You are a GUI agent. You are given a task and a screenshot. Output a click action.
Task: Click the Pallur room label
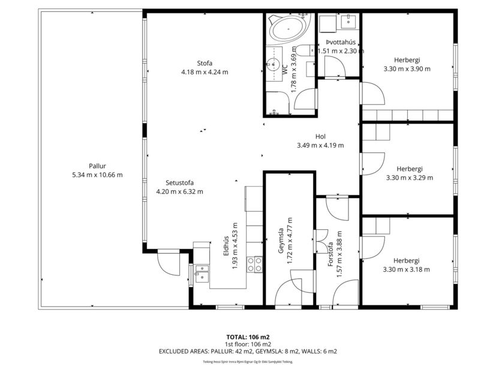click(97, 166)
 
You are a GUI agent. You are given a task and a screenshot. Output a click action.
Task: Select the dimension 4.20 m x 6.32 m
click(179, 192)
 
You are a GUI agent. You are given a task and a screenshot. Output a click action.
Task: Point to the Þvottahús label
click(341, 42)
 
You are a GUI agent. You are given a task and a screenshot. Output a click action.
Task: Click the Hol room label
click(320, 136)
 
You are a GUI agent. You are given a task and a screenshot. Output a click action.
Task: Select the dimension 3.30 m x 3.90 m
click(407, 68)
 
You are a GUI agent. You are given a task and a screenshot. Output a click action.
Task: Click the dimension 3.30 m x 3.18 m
click(407, 269)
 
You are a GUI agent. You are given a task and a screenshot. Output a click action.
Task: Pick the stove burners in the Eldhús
click(255, 264)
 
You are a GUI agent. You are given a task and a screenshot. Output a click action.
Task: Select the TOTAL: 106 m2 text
click(248, 337)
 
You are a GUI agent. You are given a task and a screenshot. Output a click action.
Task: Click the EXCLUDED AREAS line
click(248, 351)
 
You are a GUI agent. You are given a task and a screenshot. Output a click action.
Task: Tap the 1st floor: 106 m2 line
click(248, 344)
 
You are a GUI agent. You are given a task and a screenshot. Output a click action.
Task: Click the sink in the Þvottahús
click(349, 23)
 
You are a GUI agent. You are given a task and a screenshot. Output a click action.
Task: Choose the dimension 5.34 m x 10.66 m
click(97, 175)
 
